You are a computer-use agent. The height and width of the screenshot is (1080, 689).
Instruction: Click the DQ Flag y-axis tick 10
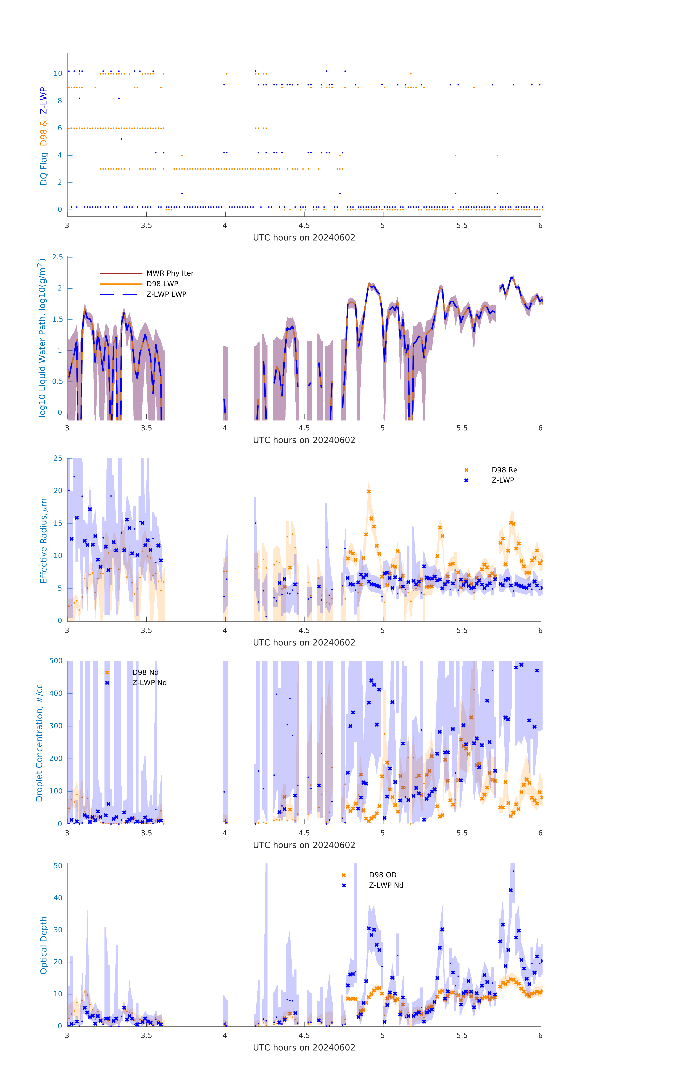point(58,74)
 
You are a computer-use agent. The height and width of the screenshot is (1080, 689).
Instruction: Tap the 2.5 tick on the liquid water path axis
point(57,257)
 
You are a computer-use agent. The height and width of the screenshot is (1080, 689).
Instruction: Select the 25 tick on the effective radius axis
point(58,458)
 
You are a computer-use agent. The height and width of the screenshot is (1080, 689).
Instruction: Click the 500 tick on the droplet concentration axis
point(56,661)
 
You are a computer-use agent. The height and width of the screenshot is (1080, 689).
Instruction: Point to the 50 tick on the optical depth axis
point(58,866)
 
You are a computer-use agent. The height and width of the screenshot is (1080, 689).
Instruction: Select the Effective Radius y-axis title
point(44,540)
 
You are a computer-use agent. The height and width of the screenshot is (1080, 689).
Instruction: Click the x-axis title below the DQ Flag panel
point(304,238)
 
